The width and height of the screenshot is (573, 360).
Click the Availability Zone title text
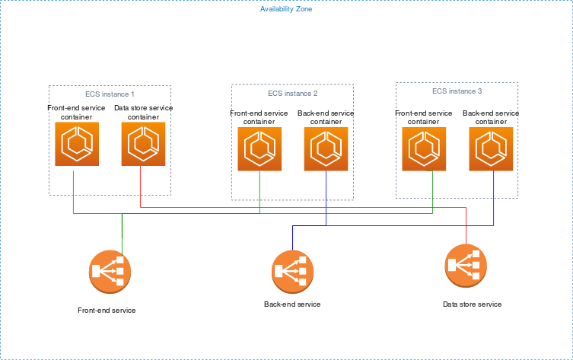(x=286, y=9)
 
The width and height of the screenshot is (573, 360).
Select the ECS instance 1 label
(x=110, y=94)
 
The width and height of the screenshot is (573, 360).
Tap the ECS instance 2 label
(x=292, y=94)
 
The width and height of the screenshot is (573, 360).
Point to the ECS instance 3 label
(x=457, y=91)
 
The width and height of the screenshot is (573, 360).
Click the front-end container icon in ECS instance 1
(x=77, y=143)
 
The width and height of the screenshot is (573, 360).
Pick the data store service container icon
(x=143, y=143)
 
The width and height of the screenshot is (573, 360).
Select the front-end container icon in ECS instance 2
(x=259, y=149)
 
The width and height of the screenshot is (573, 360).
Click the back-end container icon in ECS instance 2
(x=326, y=149)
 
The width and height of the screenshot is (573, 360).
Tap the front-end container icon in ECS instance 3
(x=424, y=148)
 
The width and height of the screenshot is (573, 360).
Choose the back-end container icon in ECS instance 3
(x=491, y=148)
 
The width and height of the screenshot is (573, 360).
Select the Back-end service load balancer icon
(x=293, y=269)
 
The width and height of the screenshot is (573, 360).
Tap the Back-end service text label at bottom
(x=292, y=304)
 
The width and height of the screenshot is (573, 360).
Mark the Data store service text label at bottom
(x=472, y=304)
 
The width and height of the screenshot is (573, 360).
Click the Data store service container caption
(x=143, y=113)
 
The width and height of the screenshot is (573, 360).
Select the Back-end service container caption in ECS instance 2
(x=326, y=117)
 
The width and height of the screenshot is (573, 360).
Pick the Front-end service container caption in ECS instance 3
(x=424, y=117)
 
